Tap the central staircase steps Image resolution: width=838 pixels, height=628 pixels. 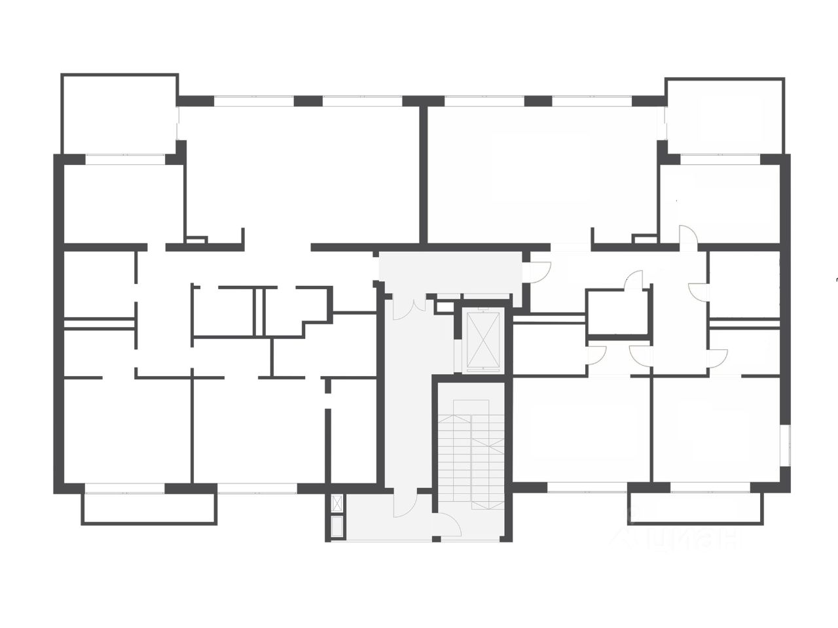coord(471,451)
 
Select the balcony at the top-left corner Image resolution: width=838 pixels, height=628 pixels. coord(119,114)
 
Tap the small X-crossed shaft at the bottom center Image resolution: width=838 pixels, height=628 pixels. coord(337,504)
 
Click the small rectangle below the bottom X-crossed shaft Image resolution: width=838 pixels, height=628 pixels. coord(337,527)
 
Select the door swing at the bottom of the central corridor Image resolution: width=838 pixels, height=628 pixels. coord(407,505)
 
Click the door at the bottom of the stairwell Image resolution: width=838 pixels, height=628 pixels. coord(450,525)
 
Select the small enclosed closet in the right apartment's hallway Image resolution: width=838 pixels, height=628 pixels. coord(617,313)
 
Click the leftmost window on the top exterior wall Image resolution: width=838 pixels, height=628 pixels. coord(253,101)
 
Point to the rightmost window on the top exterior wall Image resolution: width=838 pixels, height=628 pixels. coord(592,101)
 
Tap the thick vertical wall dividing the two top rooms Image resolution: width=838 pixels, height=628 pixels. coord(423,173)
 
